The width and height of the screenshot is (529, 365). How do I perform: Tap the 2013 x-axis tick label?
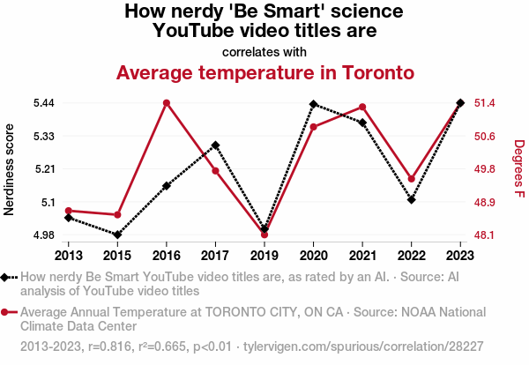[x=68, y=255]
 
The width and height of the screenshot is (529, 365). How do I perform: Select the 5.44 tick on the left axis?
[x=44, y=103]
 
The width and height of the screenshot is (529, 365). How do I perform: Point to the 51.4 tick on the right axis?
[x=486, y=103]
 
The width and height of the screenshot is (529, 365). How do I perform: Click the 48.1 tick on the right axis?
[x=486, y=235]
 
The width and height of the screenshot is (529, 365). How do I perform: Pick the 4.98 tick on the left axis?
[x=44, y=235]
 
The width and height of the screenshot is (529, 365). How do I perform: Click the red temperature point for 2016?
[x=166, y=103]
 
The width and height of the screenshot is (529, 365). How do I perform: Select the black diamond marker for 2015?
[x=117, y=235]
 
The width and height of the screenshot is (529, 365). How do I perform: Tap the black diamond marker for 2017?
[x=215, y=145]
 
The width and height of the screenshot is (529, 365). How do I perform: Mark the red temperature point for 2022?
[x=412, y=179]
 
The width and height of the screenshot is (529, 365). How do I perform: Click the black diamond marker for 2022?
[x=412, y=200]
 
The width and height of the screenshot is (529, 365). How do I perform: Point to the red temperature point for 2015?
[x=117, y=215]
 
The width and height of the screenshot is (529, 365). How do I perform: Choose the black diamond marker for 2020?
[x=313, y=104]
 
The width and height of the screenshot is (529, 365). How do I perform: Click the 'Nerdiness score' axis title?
[x=10, y=169]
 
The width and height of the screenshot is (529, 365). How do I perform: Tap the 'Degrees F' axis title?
[x=518, y=169]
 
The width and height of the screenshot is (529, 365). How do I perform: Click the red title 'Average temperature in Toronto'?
[x=264, y=71]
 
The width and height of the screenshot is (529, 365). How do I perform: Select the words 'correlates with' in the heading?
[x=264, y=51]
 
